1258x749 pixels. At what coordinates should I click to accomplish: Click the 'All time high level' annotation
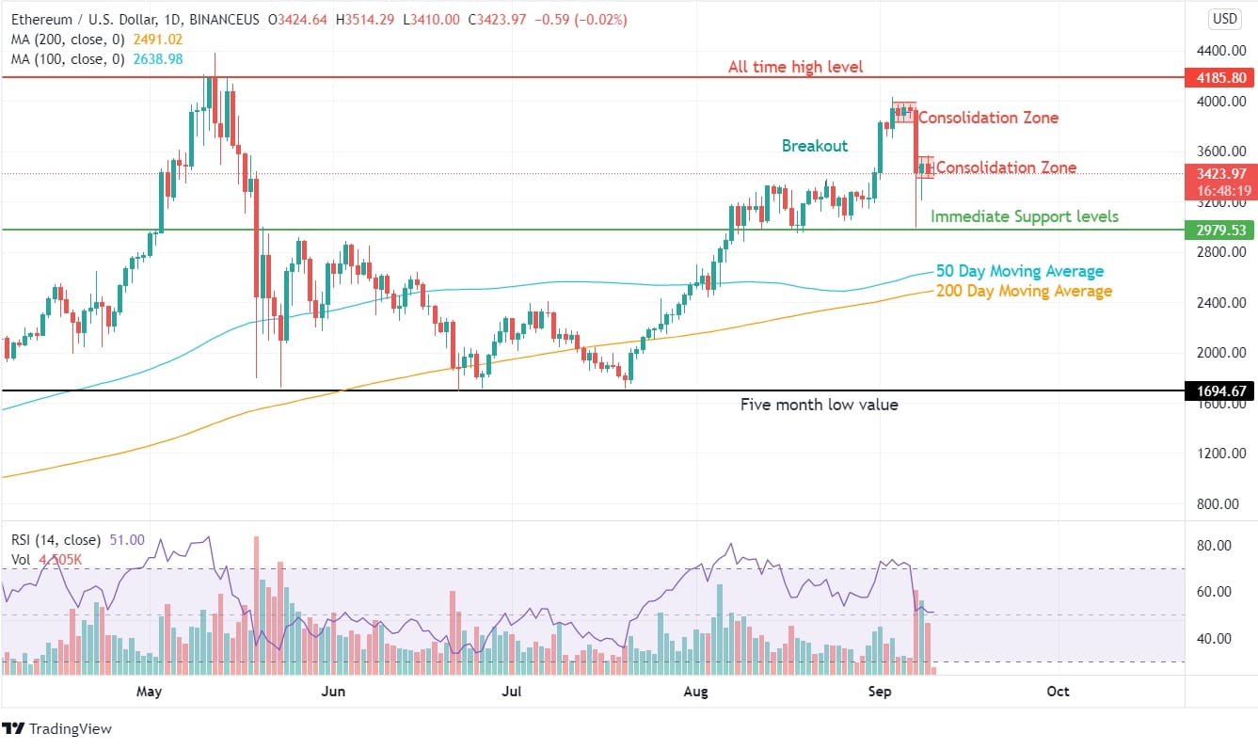click(795, 67)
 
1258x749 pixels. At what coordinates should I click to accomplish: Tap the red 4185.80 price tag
click(1220, 77)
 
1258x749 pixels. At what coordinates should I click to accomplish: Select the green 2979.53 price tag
click(1220, 231)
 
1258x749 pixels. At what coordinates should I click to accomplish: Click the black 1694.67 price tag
click(1220, 390)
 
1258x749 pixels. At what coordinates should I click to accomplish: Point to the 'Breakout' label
click(815, 146)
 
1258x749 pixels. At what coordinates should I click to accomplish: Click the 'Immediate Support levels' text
click(1025, 216)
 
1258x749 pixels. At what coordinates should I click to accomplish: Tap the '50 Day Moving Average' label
click(1020, 271)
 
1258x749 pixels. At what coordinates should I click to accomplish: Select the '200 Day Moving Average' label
click(1024, 291)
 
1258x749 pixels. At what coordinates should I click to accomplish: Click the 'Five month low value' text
click(819, 405)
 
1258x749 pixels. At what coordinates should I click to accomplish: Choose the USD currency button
click(1224, 19)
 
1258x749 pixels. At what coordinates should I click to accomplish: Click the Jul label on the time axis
click(512, 692)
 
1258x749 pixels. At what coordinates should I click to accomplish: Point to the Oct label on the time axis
click(1058, 692)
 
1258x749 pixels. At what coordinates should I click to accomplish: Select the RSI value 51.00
click(127, 540)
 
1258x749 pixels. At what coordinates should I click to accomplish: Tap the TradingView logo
click(57, 728)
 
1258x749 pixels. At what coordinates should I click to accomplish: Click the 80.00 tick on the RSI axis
click(1218, 546)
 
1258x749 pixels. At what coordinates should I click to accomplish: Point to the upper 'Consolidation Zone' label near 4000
click(988, 118)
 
